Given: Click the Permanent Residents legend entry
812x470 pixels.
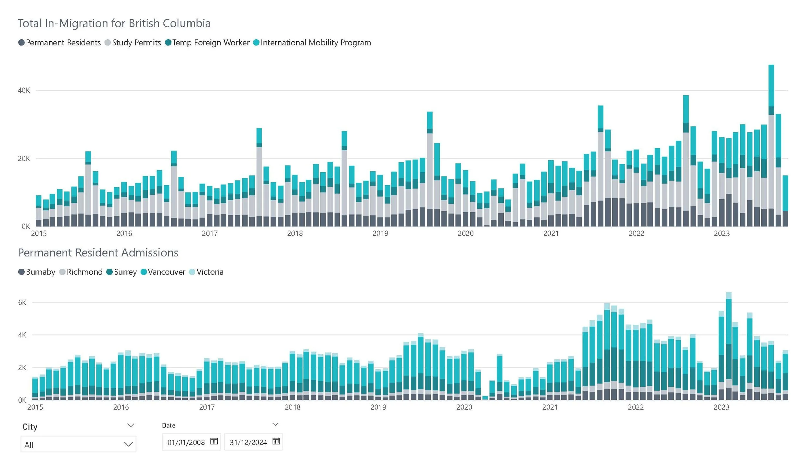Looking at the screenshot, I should [60, 43].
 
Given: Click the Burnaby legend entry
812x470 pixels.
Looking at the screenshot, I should [37, 272].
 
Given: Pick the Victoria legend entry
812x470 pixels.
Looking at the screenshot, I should [206, 272].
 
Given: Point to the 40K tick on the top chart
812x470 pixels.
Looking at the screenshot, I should [24, 90].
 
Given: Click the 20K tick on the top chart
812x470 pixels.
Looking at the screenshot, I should [24, 159].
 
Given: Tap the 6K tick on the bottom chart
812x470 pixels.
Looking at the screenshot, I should [22, 302].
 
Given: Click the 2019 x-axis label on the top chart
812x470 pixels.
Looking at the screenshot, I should [380, 233].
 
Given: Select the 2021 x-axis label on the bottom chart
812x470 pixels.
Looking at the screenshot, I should [550, 407].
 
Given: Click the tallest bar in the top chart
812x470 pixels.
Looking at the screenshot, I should [771, 146].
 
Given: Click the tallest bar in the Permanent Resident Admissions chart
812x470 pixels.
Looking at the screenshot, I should [729, 346].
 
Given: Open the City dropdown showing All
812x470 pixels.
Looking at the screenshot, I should [78, 444].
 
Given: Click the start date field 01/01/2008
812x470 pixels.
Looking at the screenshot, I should [186, 442].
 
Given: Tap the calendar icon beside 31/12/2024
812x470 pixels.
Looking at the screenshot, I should [276, 441].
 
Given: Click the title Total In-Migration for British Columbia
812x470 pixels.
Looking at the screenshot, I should [114, 23].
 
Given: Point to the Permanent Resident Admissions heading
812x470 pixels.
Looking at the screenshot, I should [98, 253].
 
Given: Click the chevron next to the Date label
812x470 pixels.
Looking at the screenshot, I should [275, 424].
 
